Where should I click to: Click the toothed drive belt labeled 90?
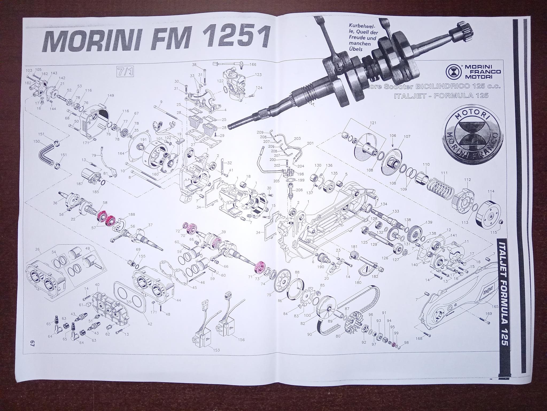click(x=347, y=308)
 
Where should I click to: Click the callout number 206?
click(x=299, y=190)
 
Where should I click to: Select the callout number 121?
click(x=373, y=123)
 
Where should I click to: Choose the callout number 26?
click(x=37, y=250)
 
